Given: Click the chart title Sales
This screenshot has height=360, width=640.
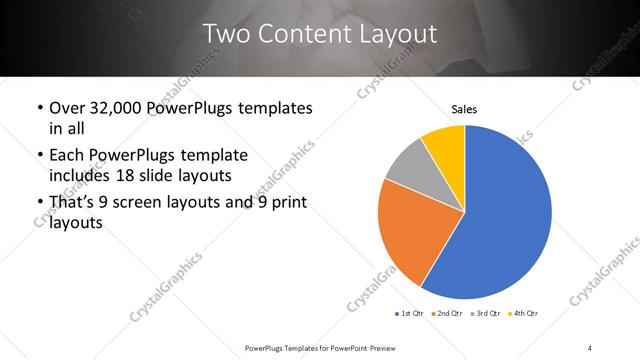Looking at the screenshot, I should click(x=465, y=108).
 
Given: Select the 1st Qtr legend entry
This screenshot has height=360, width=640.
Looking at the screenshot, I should click(x=409, y=314).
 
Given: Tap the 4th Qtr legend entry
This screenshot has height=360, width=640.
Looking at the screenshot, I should click(x=524, y=314).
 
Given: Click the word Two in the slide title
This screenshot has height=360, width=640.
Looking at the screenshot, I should click(x=231, y=34).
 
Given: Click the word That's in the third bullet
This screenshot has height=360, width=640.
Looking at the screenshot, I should click(x=77, y=202).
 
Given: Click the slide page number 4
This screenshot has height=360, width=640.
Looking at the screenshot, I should click(x=590, y=347).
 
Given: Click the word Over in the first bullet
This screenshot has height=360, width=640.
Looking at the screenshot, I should click(x=68, y=108).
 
